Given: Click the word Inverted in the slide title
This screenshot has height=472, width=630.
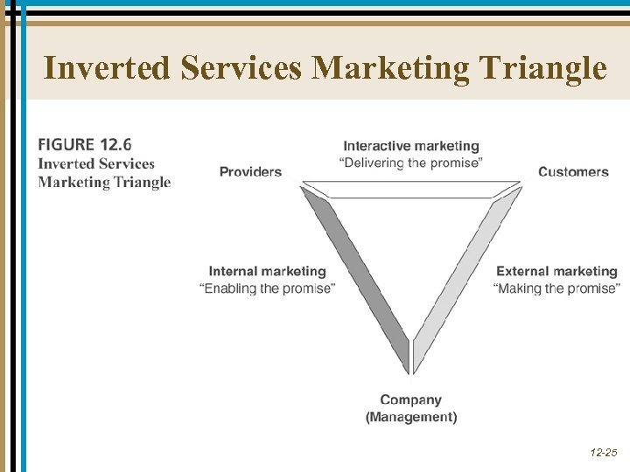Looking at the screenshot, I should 108,67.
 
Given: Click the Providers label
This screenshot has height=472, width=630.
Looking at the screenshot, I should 250,171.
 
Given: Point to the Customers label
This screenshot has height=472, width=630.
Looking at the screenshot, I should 573,171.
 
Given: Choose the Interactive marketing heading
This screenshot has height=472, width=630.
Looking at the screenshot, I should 411,146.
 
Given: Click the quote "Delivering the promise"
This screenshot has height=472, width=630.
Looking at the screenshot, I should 411,163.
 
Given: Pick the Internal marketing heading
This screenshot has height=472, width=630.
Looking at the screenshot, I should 267,272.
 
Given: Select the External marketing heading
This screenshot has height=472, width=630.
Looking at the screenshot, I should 556,272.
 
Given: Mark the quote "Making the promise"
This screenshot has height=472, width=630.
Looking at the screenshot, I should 556,288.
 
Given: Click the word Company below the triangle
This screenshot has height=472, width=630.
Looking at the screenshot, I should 411,400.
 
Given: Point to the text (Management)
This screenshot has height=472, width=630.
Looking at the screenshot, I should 411,417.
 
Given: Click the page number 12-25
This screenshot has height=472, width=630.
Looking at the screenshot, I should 603,453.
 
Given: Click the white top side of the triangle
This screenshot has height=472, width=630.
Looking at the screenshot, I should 411,190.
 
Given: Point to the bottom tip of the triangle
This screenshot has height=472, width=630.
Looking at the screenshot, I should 410,371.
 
